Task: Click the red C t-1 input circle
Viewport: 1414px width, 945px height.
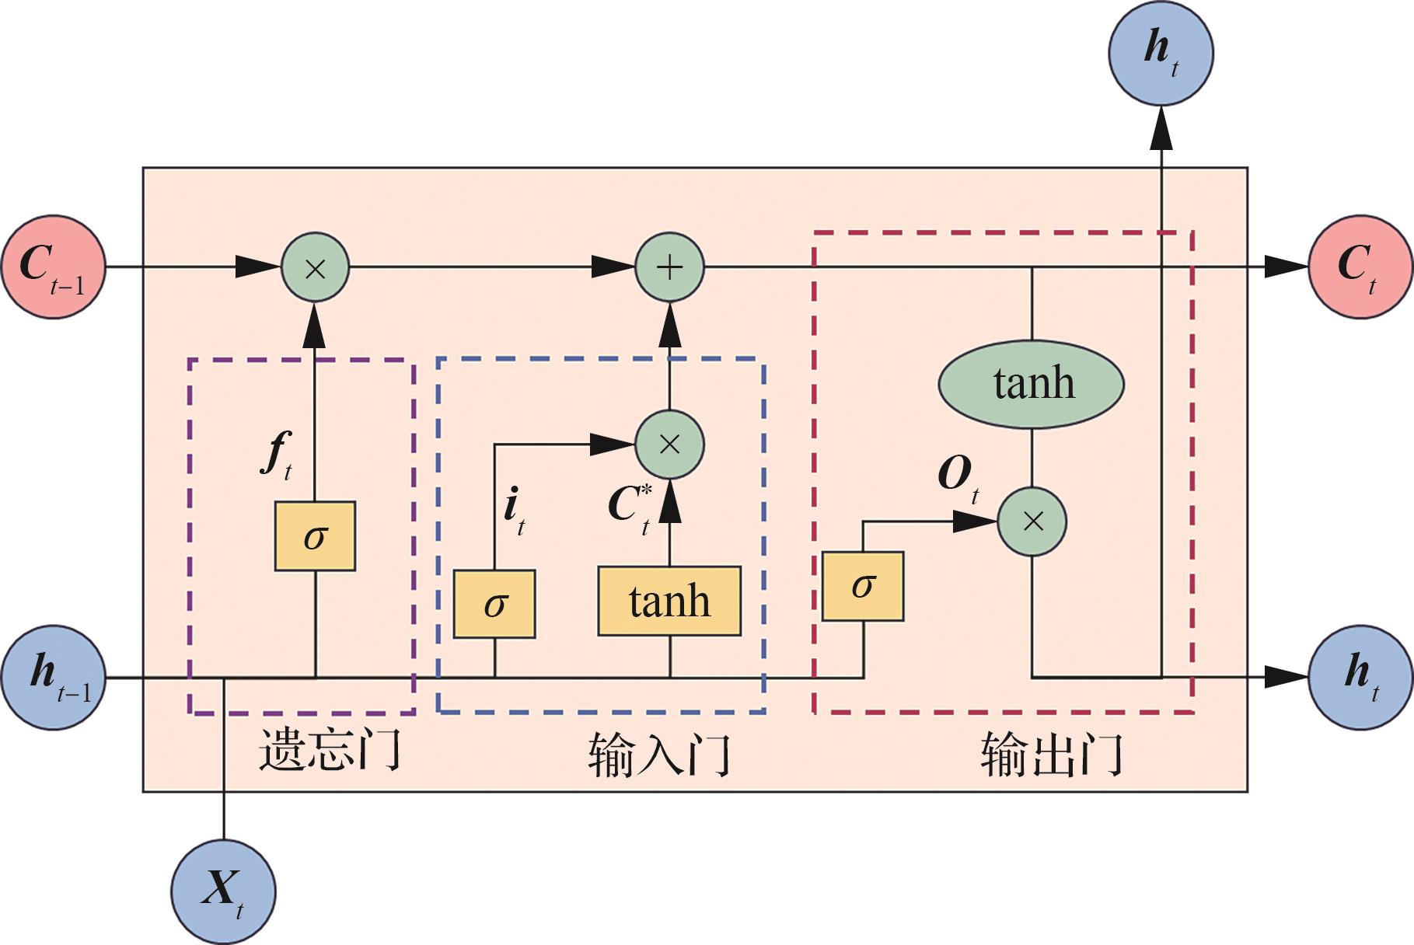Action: (x=53, y=267)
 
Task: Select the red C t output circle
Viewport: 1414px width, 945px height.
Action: (x=1360, y=267)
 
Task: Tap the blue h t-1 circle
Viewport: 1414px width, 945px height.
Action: (x=53, y=677)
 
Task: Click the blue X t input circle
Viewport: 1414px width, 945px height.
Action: (x=223, y=892)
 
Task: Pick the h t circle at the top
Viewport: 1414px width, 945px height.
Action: (x=1161, y=53)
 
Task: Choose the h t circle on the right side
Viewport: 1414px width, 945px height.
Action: (x=1360, y=677)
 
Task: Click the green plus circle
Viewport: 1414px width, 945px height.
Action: (x=669, y=267)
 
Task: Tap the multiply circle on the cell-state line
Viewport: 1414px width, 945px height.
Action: (x=315, y=267)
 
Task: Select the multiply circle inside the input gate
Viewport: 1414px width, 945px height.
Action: (x=669, y=445)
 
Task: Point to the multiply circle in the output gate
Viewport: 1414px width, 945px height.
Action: (x=1032, y=521)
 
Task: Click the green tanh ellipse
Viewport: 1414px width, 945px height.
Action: (x=1032, y=384)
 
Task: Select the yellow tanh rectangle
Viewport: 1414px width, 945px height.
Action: (x=669, y=601)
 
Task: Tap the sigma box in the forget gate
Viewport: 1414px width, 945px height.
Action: (x=315, y=536)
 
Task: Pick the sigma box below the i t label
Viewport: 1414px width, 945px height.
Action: (x=494, y=604)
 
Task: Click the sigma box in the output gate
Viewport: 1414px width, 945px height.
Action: (x=863, y=586)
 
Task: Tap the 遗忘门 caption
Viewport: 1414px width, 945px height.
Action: (x=330, y=750)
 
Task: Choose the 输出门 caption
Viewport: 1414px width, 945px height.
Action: (x=1052, y=755)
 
